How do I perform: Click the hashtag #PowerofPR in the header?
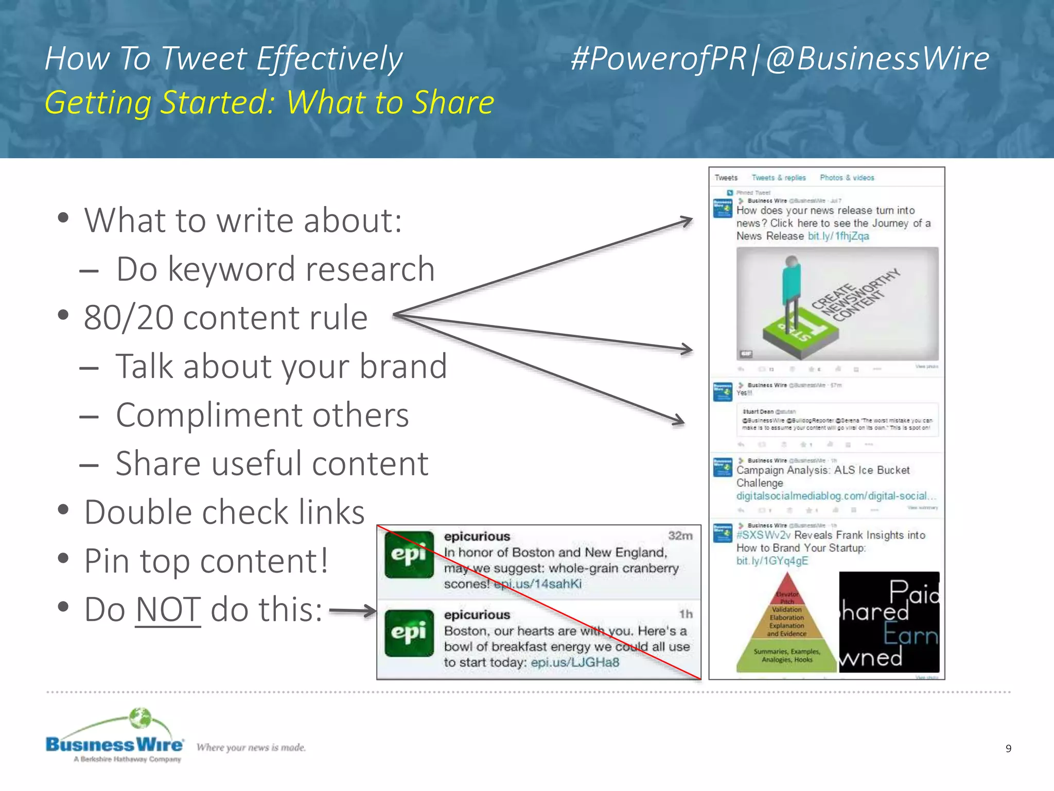tap(658, 58)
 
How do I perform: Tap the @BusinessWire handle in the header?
tap(877, 58)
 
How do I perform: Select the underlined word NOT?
tap(168, 610)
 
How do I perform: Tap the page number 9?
tap(1008, 748)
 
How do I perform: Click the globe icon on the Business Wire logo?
tap(140, 718)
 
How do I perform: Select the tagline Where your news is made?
tap(251, 747)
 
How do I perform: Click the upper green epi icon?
tap(409, 555)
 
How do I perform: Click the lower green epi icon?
tap(409, 633)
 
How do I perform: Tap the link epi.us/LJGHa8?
tap(575, 662)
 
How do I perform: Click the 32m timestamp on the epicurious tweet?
tap(680, 536)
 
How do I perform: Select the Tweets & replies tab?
tap(778, 178)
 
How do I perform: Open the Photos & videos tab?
tap(847, 178)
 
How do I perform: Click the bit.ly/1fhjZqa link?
tap(838, 236)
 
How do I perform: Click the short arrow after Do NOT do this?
tap(353, 611)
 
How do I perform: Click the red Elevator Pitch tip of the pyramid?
tap(787, 590)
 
